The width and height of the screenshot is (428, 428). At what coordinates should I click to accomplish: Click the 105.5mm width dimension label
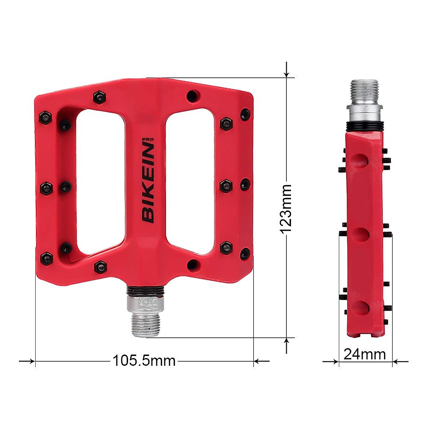pyautogui.click(x=144, y=361)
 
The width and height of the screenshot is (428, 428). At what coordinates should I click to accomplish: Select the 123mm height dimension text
pyautogui.click(x=286, y=209)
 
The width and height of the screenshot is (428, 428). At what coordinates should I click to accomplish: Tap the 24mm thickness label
pyautogui.click(x=365, y=354)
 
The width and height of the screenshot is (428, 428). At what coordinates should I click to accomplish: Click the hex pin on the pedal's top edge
pyautogui.click(x=100, y=97)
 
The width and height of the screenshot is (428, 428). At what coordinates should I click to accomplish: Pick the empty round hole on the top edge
pyautogui.click(x=193, y=96)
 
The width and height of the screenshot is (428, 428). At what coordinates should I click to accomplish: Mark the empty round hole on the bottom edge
pyautogui.click(x=193, y=264)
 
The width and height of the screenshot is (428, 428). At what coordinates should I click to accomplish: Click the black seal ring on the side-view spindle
pyautogui.click(x=364, y=125)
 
